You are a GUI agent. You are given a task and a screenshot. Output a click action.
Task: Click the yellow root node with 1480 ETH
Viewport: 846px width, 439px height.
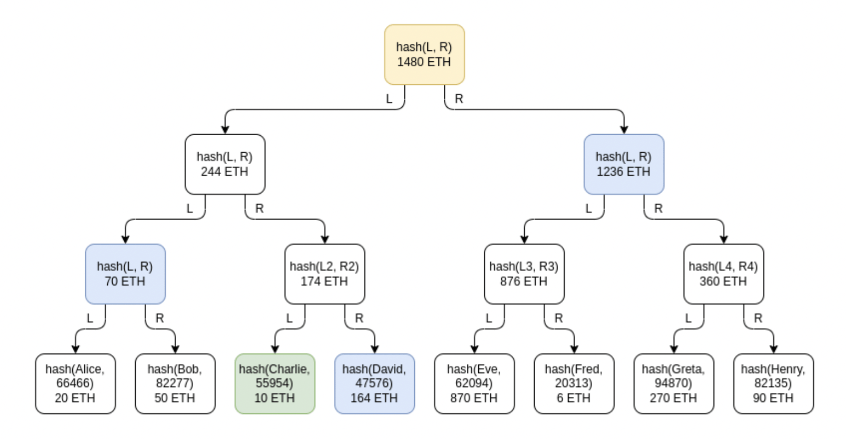pyautogui.click(x=424, y=54)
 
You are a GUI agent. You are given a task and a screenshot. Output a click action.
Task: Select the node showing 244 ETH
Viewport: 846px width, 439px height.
pyautogui.click(x=225, y=164)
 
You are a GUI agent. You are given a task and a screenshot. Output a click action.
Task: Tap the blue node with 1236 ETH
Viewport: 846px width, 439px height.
pyautogui.click(x=624, y=164)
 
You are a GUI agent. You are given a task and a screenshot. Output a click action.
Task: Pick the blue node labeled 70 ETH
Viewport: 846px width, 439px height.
pyautogui.click(x=125, y=274)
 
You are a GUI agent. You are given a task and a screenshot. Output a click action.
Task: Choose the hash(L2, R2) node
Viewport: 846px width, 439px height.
pyautogui.click(x=325, y=274)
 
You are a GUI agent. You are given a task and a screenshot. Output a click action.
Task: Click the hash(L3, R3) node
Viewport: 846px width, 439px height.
pyautogui.click(x=524, y=274)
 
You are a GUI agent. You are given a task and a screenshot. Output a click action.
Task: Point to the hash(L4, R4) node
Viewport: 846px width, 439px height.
pyautogui.click(x=723, y=274)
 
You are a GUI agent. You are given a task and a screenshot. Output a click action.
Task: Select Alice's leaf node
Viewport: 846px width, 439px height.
pyautogui.click(x=76, y=383)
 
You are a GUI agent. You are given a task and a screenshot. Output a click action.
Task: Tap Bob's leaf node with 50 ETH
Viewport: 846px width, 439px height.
pyautogui.click(x=175, y=383)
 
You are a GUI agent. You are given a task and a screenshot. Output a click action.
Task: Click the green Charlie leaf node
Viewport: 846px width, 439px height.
pyautogui.click(x=275, y=383)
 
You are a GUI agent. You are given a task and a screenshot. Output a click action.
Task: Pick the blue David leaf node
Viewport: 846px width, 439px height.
pyautogui.click(x=374, y=383)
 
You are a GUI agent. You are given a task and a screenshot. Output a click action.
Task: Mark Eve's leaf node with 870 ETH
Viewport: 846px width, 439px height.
pyautogui.click(x=474, y=383)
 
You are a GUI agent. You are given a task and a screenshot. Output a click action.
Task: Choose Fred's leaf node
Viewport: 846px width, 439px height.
pyautogui.click(x=574, y=383)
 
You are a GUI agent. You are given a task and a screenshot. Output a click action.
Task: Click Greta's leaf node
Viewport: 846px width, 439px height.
pyautogui.click(x=674, y=383)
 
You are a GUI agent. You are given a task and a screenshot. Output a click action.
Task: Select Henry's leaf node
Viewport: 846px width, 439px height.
pyautogui.click(x=773, y=383)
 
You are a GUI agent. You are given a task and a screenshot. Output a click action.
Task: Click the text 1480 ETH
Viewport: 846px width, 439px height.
pyautogui.click(x=424, y=62)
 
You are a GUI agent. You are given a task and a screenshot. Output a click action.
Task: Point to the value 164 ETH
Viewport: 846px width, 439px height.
pyautogui.click(x=374, y=398)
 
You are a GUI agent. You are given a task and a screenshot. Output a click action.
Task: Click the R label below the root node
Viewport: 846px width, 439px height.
pyautogui.click(x=459, y=99)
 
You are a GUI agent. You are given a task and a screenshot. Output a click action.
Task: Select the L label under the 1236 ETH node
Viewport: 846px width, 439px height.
pyautogui.click(x=588, y=209)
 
